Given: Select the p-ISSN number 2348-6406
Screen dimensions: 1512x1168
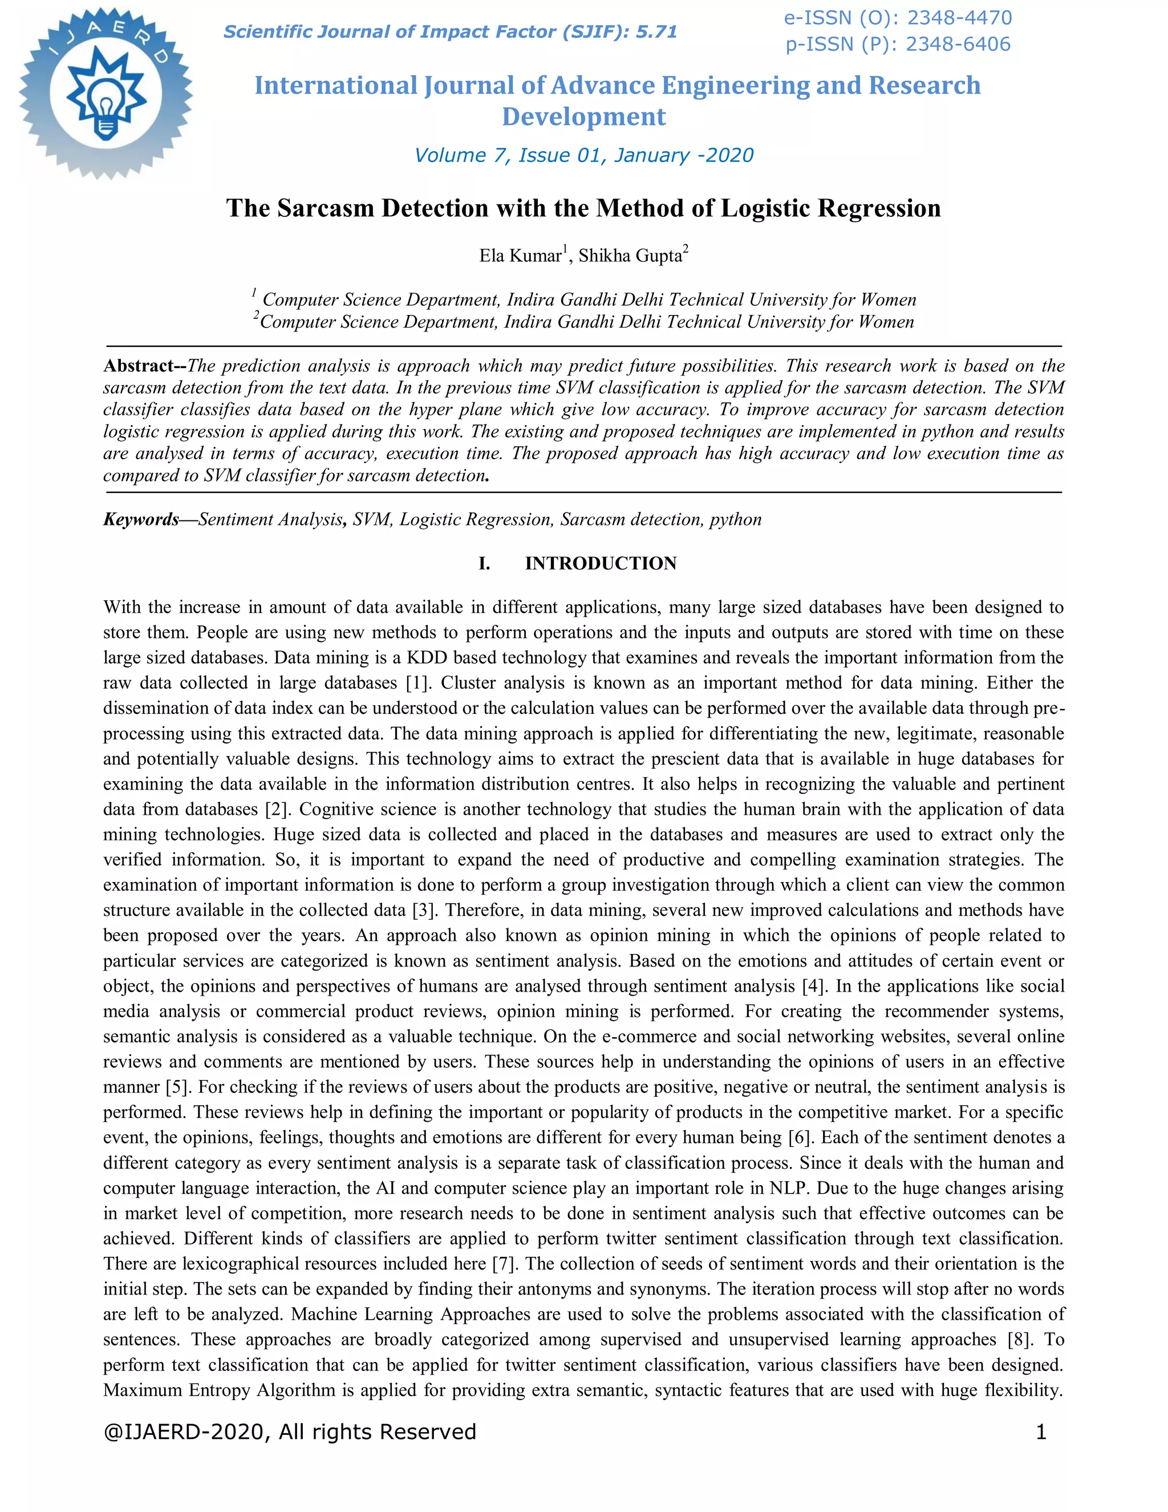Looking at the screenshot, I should tap(958, 45).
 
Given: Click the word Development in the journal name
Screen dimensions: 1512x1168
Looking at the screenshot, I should tap(583, 116).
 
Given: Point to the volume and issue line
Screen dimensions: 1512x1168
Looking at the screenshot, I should tap(583, 155).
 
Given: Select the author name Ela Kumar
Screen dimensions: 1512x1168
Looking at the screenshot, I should tap(520, 256).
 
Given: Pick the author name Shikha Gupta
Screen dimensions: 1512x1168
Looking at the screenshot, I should tap(630, 256).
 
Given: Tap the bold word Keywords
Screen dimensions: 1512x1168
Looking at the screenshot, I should tap(141, 519).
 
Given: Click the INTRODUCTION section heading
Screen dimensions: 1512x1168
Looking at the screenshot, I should tap(601, 564).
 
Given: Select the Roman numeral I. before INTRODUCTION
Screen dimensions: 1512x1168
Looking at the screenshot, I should tap(484, 564).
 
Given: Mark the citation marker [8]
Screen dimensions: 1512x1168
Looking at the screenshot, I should tap(1019, 1340).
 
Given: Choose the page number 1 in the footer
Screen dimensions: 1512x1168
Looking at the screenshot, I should tap(1041, 1432).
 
